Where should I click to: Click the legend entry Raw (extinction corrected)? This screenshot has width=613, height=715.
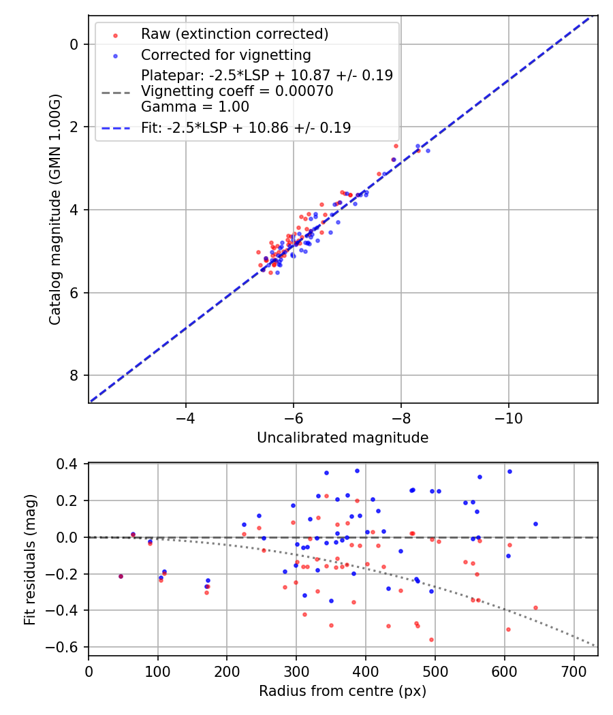pyautogui.click(x=234, y=34)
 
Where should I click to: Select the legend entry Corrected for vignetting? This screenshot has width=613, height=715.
pyautogui.click(x=225, y=55)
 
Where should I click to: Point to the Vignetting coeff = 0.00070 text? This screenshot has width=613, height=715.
pyautogui.click(x=237, y=91)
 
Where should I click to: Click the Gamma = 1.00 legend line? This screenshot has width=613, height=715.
pyautogui.click(x=195, y=107)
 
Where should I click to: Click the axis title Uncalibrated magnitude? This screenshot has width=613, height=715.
pyautogui.click(x=343, y=438)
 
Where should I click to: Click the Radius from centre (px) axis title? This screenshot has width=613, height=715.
pyautogui.click(x=343, y=691)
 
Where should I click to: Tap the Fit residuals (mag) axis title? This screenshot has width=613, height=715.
pyautogui.click(x=29, y=560)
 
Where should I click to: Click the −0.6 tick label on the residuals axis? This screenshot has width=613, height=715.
pyautogui.click(x=69, y=647)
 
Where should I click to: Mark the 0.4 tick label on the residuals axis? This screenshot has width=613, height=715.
pyautogui.click(x=72, y=464)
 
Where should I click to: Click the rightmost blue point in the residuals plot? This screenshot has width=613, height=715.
pyautogui.click(x=535, y=524)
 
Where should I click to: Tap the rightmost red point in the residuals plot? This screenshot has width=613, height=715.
pyautogui.click(x=535, y=607)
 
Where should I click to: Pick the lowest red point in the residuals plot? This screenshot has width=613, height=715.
pyautogui.click(x=431, y=639)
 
